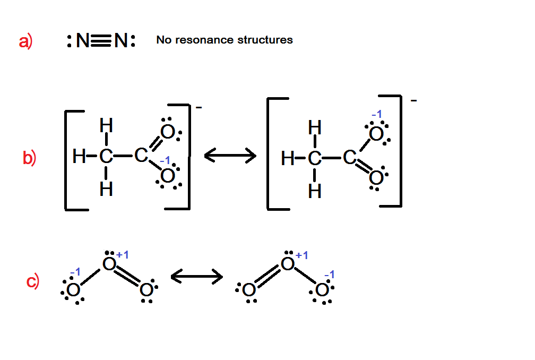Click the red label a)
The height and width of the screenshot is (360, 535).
pyautogui.click(x=25, y=41)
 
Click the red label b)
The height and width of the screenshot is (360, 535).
pyautogui.click(x=29, y=158)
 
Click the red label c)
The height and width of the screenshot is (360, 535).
pyautogui.click(x=33, y=281)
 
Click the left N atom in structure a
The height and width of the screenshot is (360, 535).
pyautogui.click(x=82, y=41)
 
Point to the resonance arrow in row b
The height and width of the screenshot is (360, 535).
pyautogui.click(x=230, y=156)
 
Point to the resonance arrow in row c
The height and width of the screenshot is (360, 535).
pyautogui.click(x=196, y=276)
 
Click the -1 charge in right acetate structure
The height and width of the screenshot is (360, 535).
pyautogui.click(x=376, y=114)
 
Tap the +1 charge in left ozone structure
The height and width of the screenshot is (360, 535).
pyautogui.click(x=122, y=255)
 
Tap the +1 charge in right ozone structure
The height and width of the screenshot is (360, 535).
pyautogui.click(x=301, y=255)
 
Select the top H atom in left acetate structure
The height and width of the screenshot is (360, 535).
pyautogui.click(x=106, y=126)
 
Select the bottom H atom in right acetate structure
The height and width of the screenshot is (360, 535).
pyautogui.click(x=315, y=191)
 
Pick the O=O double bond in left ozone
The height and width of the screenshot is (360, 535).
pyautogui.click(x=128, y=277)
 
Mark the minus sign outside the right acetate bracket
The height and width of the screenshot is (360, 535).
pyautogui.click(x=413, y=99)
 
